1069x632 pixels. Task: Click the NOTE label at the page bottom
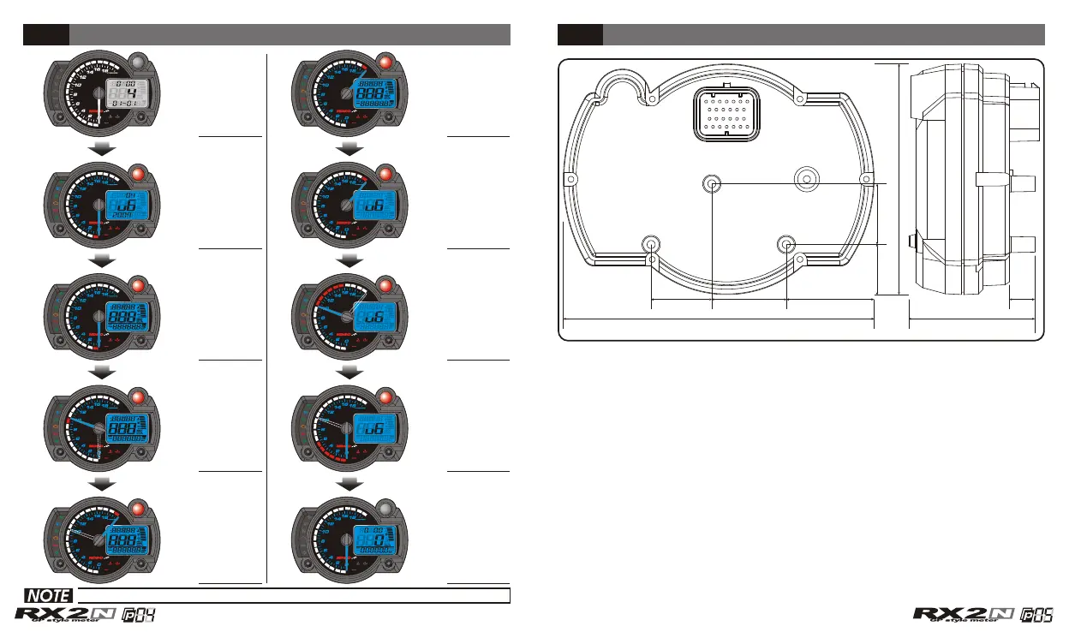(47, 595)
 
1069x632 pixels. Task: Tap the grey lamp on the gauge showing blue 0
(385, 509)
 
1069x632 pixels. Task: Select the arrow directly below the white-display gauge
(103, 149)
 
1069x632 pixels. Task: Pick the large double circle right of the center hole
(806, 178)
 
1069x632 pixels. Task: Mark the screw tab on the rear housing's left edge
(569, 178)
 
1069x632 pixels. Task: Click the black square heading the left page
(45, 34)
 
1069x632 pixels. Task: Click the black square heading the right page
(580, 34)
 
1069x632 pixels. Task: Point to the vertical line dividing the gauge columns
(267, 317)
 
